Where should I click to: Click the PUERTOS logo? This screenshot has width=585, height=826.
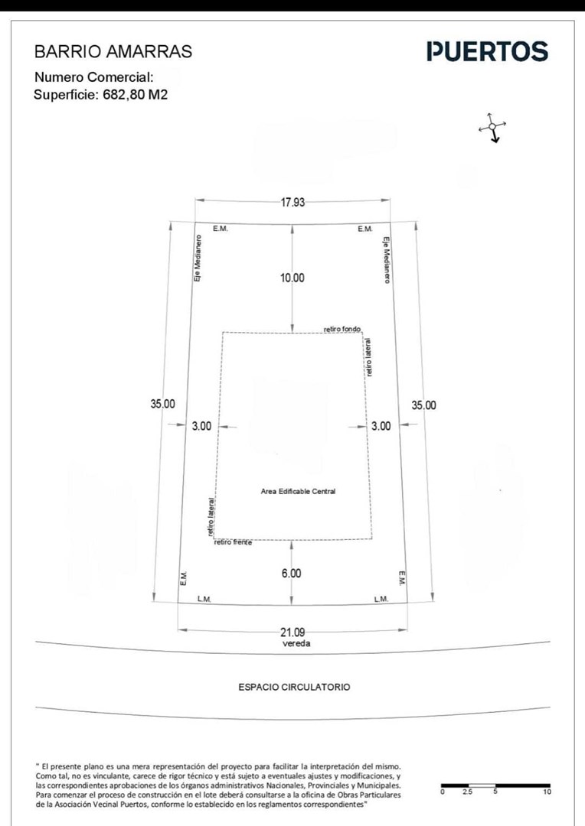tap(488, 52)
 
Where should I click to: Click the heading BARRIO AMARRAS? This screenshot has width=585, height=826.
tap(113, 52)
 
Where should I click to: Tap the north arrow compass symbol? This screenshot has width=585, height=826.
tap(492, 128)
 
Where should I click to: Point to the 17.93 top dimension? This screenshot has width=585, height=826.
tap(292, 202)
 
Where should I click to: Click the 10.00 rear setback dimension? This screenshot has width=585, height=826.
tap(292, 278)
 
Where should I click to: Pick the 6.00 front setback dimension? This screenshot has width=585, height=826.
tap(291, 573)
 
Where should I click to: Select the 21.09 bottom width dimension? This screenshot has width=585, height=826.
tap(292, 633)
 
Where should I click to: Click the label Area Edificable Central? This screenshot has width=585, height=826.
tap(298, 492)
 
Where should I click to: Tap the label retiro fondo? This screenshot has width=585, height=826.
tap(342, 329)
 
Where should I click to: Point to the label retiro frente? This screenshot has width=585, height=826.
tap(233, 542)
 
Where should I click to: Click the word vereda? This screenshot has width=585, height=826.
tap(296, 643)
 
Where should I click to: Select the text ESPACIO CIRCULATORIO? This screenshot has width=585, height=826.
tap(294, 687)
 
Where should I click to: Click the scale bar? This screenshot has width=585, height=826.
tap(496, 785)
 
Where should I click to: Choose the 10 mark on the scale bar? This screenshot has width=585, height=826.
tap(547, 792)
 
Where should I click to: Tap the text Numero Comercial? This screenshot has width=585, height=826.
tap(94, 77)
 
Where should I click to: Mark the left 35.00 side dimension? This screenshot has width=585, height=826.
tap(163, 405)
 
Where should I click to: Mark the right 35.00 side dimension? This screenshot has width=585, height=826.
tap(424, 405)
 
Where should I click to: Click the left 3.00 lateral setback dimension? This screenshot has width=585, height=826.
tap(201, 426)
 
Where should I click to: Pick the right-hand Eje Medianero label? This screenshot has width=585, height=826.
tap(387, 260)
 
